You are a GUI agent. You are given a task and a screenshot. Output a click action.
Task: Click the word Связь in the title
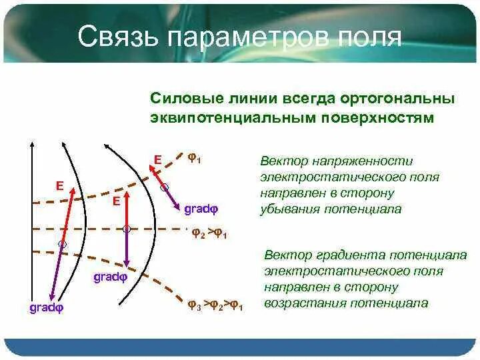[x=117, y=36]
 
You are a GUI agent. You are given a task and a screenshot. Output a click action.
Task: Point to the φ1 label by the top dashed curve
[x=195, y=158]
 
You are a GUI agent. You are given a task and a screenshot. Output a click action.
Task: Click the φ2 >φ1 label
[x=209, y=233]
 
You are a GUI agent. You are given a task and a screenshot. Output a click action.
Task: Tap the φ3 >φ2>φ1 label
[x=215, y=305]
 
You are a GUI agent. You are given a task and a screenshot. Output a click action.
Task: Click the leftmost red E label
[x=60, y=186]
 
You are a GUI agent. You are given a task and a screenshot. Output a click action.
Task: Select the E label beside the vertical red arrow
[x=116, y=201]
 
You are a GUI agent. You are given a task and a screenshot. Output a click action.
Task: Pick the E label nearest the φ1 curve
[x=157, y=160]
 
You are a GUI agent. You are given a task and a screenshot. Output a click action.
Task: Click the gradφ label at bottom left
[x=47, y=307]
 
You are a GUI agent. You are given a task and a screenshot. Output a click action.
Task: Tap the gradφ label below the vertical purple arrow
[x=110, y=277]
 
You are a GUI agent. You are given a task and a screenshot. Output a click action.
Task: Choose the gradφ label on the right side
[x=201, y=209]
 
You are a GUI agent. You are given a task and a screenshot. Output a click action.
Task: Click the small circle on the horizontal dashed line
[x=127, y=229]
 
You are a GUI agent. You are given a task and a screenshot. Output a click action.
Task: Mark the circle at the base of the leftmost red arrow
[x=63, y=244]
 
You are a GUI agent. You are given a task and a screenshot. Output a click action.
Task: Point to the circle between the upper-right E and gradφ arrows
[x=165, y=187]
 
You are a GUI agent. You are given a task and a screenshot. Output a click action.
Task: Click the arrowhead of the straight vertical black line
[x=32, y=143]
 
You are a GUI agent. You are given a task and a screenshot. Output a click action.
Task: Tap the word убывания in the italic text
[x=290, y=209]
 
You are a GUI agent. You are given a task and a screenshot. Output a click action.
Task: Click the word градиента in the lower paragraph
[x=345, y=255]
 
